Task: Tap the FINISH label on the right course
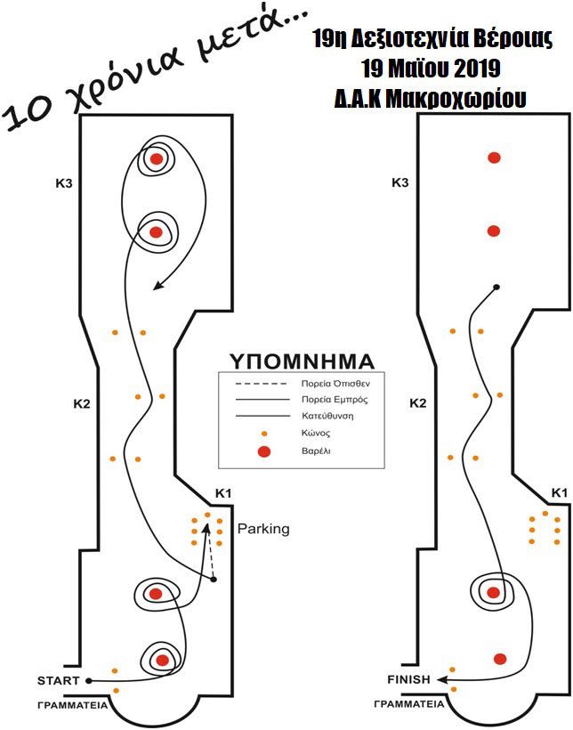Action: pos(408,679)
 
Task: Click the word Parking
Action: pos(263,529)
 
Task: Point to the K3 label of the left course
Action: pos(63,184)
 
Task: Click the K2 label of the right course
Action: pos(418,403)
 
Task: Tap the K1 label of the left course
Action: pos(223,493)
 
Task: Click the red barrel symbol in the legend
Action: pos(263,452)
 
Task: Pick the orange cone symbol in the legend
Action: pos(263,434)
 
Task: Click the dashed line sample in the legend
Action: pos(258,385)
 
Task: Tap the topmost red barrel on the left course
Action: pos(157,159)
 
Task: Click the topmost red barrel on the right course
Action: pos(494,158)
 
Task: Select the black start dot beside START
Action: pos(88,681)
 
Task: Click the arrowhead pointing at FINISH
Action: pos(442,679)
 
